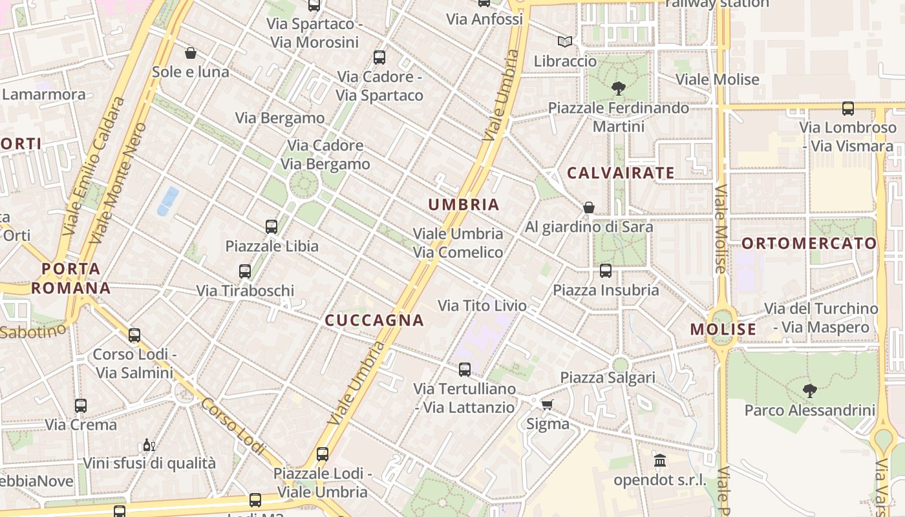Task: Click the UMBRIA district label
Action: point(463,205)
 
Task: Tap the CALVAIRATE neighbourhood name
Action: point(621,173)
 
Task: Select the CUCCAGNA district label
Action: point(374,321)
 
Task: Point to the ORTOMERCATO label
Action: point(809,244)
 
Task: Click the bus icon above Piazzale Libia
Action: point(271,227)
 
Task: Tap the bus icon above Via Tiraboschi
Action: point(245,271)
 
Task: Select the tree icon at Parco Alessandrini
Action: point(809,390)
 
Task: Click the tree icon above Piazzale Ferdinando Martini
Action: point(618,88)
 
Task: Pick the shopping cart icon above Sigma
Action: point(547,405)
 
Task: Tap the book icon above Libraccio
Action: point(565,41)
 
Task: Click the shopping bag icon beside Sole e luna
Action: point(191,52)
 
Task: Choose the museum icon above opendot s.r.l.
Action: point(660,461)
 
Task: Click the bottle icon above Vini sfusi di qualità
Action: point(149,445)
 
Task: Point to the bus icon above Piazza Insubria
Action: point(606,271)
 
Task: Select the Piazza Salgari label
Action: point(608,377)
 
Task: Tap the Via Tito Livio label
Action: point(482,306)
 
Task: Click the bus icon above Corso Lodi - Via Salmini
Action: point(134,335)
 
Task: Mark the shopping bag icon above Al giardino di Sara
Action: point(589,207)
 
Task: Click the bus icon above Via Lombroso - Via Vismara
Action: point(848,108)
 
